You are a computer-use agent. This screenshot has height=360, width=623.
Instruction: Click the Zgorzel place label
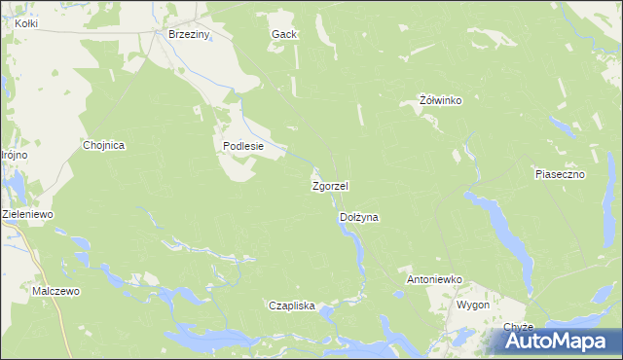[x=330, y=185]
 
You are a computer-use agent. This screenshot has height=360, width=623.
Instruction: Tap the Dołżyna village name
[x=358, y=219]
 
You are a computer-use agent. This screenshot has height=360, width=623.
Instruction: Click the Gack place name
[x=283, y=34]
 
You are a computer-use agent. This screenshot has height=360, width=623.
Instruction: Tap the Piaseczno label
[x=559, y=174]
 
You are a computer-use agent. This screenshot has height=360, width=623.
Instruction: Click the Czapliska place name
[x=292, y=306]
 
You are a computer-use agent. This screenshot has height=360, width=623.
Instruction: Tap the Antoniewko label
[x=433, y=280]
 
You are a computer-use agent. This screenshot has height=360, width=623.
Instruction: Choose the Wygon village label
[x=473, y=305]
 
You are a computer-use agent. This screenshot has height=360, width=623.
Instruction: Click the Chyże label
[x=519, y=327]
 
